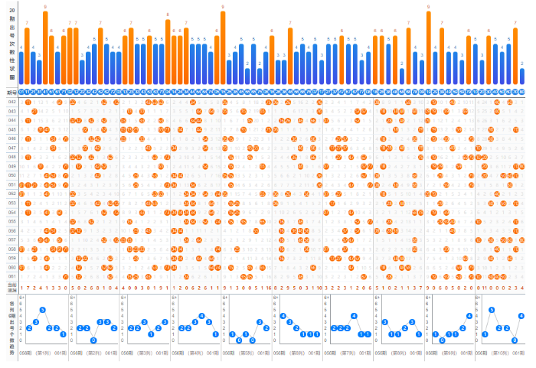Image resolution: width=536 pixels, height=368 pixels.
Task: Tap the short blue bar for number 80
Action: tap(522, 77)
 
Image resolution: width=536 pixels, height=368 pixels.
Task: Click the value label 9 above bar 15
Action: tap(46, 6)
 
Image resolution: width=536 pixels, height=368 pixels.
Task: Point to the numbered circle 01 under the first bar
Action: tap(21, 92)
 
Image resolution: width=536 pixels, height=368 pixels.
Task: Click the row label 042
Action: tap(11, 102)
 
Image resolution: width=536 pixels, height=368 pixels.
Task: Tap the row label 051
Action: tap(11, 184)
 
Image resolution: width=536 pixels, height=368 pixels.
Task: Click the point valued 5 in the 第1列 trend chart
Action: tap(42, 310)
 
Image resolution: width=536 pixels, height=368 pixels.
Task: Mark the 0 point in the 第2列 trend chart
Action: tap(93, 340)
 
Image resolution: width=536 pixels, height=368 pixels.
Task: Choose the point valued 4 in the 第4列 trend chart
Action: tap(201, 315)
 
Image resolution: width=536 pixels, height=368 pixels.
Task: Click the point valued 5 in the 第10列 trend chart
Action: tap(491, 310)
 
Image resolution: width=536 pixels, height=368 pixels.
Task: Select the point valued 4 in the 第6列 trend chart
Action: tap(283, 315)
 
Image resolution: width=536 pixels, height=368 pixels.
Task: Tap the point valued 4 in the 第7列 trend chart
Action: tap(353, 315)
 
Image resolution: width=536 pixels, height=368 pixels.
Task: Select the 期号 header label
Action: tap(11, 92)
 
